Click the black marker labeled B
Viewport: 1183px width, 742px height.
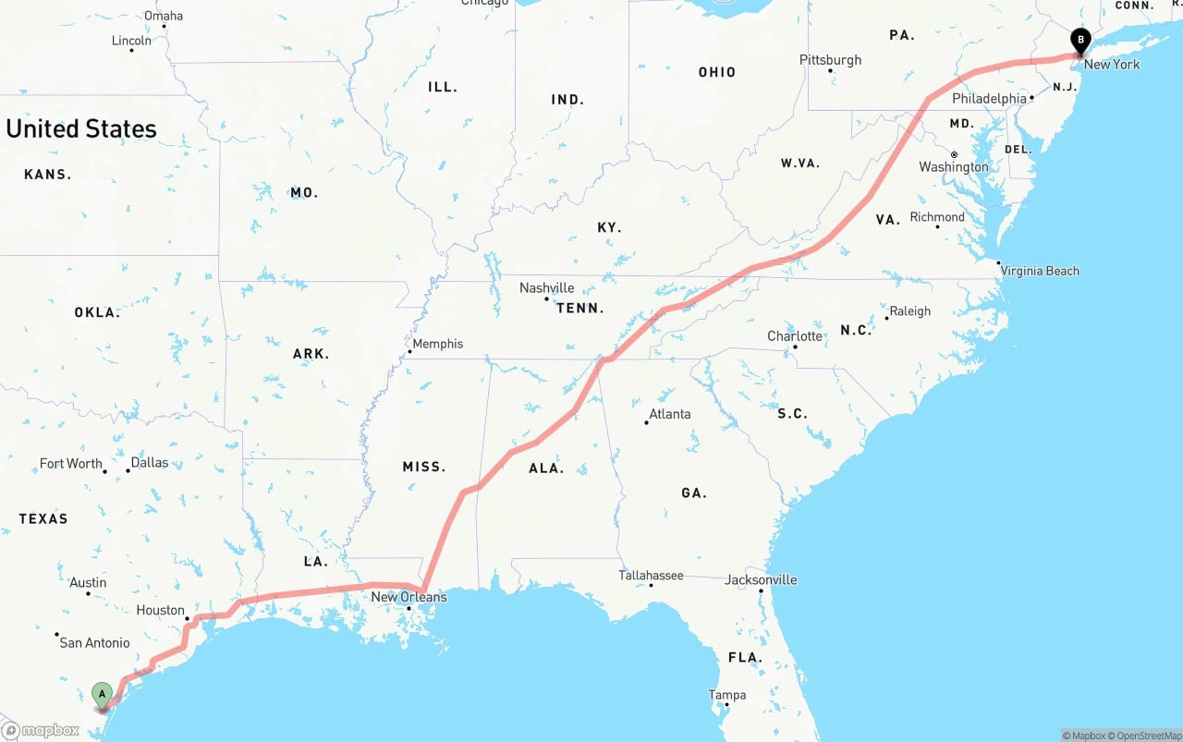[x=1079, y=40]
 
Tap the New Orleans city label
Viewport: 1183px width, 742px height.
[x=409, y=597]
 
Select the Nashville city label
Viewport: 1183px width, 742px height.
[x=546, y=287]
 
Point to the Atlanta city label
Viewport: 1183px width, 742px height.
[x=669, y=414]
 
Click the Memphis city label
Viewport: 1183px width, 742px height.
[x=437, y=344]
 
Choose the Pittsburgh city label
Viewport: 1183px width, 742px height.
[x=830, y=60]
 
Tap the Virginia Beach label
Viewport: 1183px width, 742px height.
[x=1040, y=271]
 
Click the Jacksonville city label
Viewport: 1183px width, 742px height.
[x=761, y=580]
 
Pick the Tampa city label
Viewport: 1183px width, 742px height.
[x=726, y=695]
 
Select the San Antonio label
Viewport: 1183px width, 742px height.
[x=94, y=642]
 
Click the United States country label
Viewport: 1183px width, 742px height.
[x=81, y=128]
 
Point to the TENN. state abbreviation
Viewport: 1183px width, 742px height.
[x=579, y=308]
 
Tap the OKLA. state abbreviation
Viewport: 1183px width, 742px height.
[x=97, y=312]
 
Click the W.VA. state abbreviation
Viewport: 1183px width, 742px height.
[x=800, y=164]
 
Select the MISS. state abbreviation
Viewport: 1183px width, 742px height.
[x=423, y=467]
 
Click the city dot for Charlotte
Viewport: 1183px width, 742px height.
[x=795, y=347]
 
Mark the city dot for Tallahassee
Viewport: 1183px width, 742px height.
[x=652, y=586]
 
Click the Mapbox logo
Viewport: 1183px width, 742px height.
[x=42, y=730]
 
